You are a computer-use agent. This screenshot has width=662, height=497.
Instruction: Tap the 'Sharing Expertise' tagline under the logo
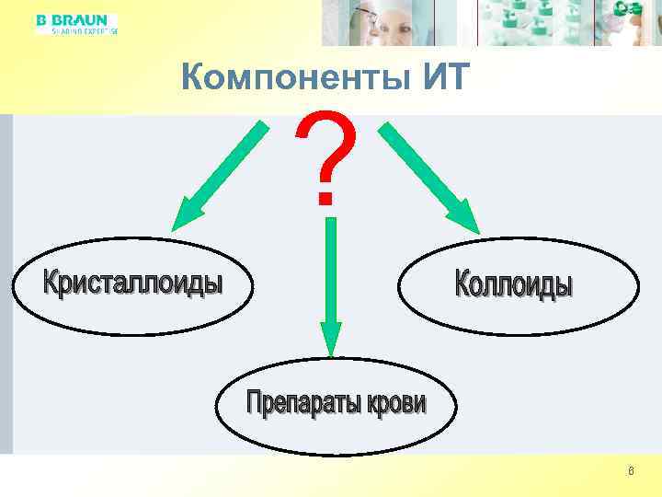[x=77, y=30]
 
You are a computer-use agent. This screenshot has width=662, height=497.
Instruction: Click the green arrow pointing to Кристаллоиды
[x=218, y=175]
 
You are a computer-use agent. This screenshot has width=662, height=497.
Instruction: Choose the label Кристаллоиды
[x=133, y=281]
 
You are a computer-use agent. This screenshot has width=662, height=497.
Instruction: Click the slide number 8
[x=630, y=472]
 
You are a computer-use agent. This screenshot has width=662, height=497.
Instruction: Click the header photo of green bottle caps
[x=533, y=22]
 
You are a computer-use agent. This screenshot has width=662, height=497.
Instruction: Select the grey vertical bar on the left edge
[x=6, y=285]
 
